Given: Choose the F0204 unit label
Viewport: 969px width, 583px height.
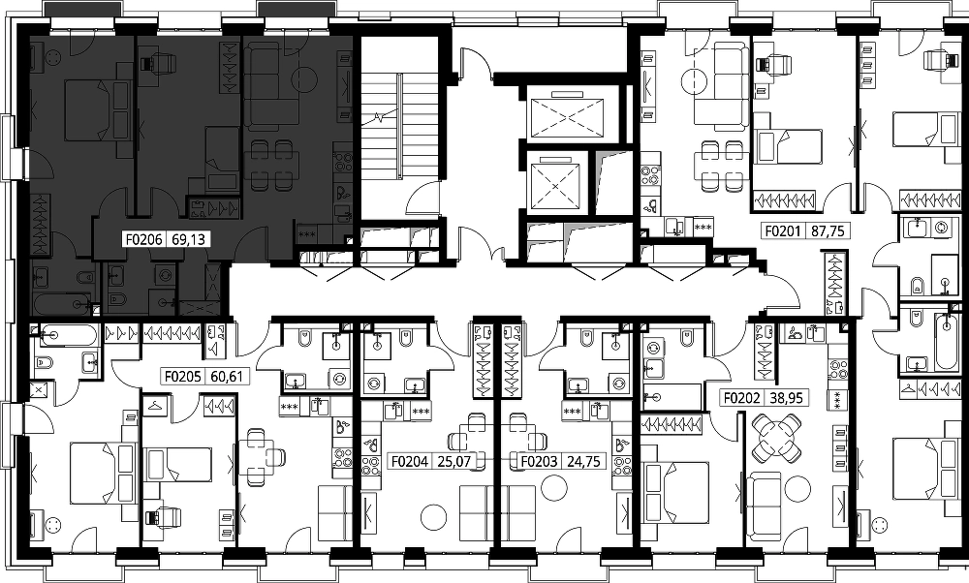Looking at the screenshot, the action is [x=410, y=461].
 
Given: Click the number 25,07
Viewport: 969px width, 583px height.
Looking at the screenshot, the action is [x=453, y=461].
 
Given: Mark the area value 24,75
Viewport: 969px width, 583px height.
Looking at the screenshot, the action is [x=583, y=461].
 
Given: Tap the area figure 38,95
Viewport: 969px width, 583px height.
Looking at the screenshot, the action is [x=787, y=398].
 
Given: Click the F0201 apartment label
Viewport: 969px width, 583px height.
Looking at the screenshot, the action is [x=783, y=231].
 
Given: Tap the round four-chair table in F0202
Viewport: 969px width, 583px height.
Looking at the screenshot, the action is [x=776, y=438].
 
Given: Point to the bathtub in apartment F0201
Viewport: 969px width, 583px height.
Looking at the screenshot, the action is [x=946, y=342].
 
